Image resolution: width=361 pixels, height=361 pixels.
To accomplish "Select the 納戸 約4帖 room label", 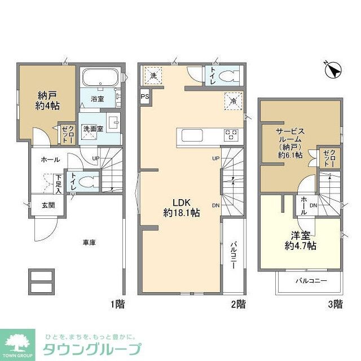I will tap(49, 100).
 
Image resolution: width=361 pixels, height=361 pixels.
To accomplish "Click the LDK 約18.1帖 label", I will tap(181, 207).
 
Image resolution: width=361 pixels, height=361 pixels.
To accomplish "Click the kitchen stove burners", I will tap(231, 135).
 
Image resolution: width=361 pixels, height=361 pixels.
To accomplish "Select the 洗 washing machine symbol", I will tap(153, 74).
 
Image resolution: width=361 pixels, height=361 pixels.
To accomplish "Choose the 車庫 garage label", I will tap(89, 243).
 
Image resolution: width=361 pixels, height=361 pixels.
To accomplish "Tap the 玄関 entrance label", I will tap(47, 205).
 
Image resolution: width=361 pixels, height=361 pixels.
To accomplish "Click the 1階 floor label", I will tap(117, 305).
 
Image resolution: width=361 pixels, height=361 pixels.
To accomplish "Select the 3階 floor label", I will tap(335, 305).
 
